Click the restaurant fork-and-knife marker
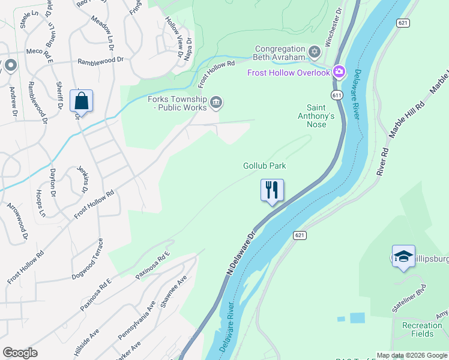coord(272,190)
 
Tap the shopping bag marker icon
coord(82,101)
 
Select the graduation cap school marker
coord(403,256)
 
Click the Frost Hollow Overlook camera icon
coord(339,73)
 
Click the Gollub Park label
coord(264,166)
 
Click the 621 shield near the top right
coord(403,22)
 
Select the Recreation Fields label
coord(422,330)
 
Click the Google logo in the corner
coord(20,353)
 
